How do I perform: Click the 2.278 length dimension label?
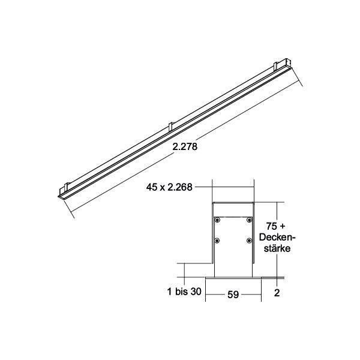[x=184, y=145]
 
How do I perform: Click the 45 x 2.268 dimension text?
[x=169, y=187]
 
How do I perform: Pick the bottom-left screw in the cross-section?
[x=219, y=241]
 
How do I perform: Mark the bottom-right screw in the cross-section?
[x=248, y=241]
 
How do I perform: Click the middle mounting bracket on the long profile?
[x=171, y=127]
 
